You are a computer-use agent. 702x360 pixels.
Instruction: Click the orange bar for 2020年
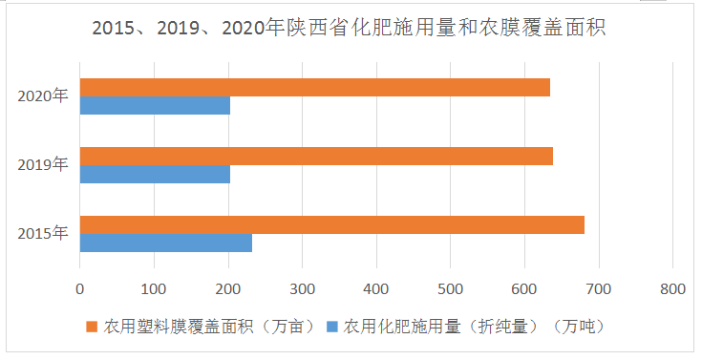point(314,88)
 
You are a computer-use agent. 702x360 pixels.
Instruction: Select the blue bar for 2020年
point(155,106)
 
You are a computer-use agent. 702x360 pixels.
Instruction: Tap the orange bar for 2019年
point(316,157)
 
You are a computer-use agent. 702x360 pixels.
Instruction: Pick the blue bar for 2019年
point(155,175)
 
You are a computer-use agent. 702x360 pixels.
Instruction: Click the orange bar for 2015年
point(331,225)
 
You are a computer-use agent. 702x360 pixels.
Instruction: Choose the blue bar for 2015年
point(165,244)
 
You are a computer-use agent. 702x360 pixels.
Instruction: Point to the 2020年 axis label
point(43,96)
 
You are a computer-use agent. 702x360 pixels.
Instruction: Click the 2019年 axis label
point(43,165)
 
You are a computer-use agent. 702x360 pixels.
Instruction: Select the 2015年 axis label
point(43,234)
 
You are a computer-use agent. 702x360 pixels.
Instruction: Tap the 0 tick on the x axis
point(80,287)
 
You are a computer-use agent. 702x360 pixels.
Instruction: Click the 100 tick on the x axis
point(154,287)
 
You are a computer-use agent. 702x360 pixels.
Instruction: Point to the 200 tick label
point(228,287)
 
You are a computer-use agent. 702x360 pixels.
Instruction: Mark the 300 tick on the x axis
point(302,287)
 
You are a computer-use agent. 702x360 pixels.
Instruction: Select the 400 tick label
point(376,287)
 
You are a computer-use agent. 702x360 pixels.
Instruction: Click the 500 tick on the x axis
point(450,287)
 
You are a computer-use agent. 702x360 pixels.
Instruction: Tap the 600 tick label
point(524,287)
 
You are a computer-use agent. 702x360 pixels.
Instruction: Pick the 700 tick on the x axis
point(598,287)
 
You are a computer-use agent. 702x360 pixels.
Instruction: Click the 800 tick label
point(672,287)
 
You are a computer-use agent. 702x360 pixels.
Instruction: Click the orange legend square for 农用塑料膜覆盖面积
point(93,327)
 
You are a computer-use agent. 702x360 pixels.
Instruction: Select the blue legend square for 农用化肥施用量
point(332,327)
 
